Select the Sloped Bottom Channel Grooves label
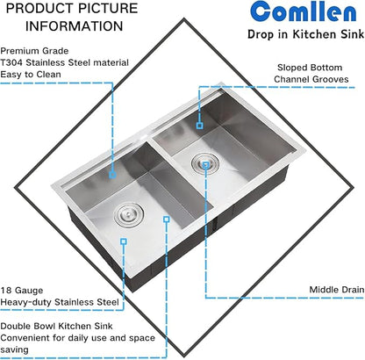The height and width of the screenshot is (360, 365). coord(312,73)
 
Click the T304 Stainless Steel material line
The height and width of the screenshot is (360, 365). coord(65,63)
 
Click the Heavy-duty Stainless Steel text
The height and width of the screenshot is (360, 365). coord(59,301)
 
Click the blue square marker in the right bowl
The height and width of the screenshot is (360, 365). coord(201,126)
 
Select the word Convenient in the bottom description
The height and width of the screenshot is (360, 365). coord(27,337)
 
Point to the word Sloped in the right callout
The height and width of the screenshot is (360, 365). coord(293,67)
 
